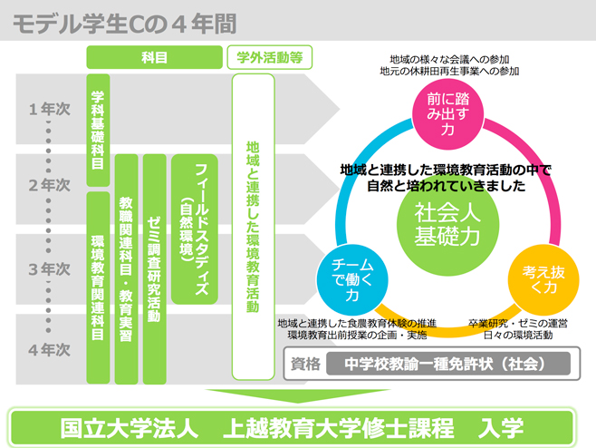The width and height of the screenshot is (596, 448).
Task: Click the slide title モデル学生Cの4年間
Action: [125, 24]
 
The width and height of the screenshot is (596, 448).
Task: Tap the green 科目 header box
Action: [154, 57]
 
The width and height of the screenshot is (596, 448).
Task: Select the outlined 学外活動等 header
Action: [270, 57]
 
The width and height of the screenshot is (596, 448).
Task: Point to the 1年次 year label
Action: [50, 109]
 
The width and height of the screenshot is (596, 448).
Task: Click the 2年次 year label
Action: [50, 185]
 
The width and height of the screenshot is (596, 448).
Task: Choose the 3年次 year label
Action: [50, 269]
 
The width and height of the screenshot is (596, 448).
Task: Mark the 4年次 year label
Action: [50, 350]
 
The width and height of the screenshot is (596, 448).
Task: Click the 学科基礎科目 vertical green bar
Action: [98, 131]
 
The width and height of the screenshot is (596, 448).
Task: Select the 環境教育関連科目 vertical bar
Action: [98, 287]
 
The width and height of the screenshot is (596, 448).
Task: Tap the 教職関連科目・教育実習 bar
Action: [126, 269]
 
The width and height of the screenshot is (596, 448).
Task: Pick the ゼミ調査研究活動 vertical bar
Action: [154, 269]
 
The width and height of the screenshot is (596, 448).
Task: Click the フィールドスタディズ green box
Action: [195, 229]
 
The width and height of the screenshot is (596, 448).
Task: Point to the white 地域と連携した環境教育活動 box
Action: [253, 227]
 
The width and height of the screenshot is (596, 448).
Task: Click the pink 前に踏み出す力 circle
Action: [448, 114]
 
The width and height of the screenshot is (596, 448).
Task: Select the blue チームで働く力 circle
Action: [352, 279]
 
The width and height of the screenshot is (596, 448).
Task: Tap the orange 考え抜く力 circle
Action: [543, 279]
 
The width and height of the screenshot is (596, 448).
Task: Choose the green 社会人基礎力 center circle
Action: [447, 225]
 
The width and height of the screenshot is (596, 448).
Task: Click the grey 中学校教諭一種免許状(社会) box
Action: [448, 364]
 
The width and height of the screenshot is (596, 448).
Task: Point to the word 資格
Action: [305, 365]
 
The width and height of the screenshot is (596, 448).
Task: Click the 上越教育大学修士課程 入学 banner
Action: [292, 428]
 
